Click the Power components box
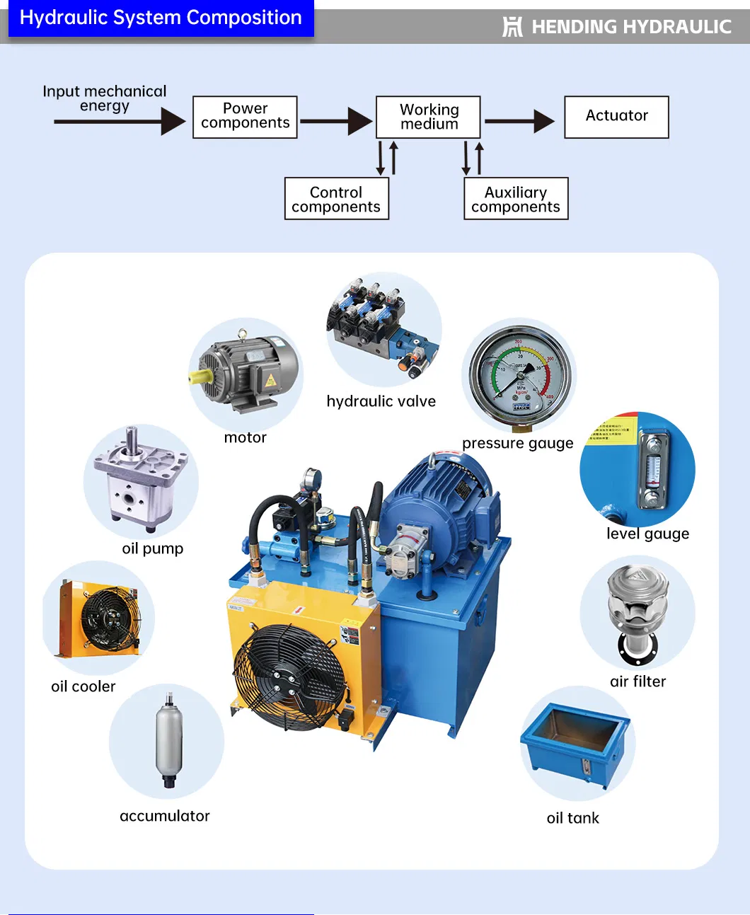(x=245, y=117)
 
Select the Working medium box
(x=428, y=117)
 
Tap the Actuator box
(x=616, y=117)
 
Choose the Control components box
(x=336, y=199)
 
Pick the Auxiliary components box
(x=516, y=199)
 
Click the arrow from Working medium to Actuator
(x=520, y=121)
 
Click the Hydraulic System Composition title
(x=161, y=18)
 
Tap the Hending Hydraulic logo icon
(x=512, y=27)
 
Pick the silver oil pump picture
(x=142, y=481)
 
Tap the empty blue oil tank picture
(x=576, y=743)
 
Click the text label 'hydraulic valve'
(x=381, y=401)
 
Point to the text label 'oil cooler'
(x=83, y=686)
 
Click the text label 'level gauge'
(x=647, y=534)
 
